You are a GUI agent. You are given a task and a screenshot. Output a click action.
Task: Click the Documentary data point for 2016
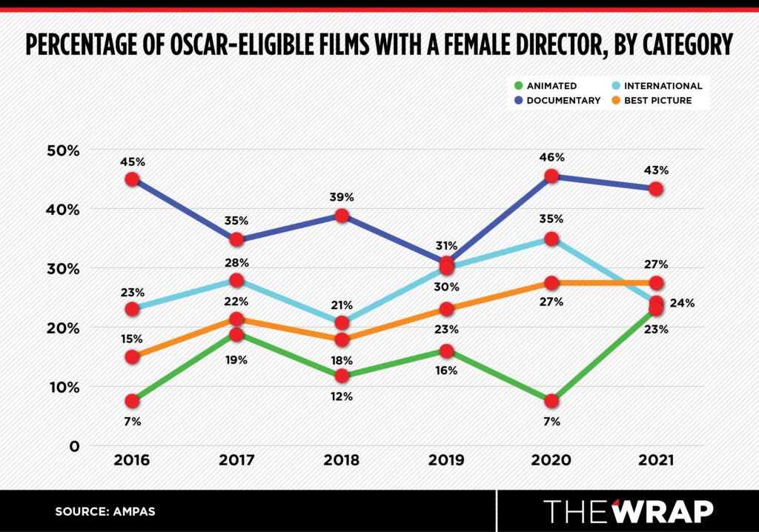(x=132, y=179)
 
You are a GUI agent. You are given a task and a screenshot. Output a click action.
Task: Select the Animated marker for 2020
(x=551, y=401)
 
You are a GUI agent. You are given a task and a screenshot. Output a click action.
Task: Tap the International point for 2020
(x=551, y=239)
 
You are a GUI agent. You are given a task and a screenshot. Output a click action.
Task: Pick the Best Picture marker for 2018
(x=342, y=339)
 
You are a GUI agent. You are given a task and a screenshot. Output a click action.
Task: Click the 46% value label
(x=551, y=157)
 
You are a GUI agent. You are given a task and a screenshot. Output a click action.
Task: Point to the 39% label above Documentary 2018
(x=342, y=197)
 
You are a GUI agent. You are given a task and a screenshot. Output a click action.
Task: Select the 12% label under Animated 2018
(x=342, y=396)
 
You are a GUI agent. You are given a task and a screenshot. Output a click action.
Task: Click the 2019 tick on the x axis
(x=446, y=460)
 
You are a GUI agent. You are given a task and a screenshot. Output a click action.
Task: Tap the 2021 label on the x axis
(x=656, y=460)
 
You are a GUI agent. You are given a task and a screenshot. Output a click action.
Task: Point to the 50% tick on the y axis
(x=63, y=150)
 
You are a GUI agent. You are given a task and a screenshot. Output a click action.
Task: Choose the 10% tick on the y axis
(x=63, y=387)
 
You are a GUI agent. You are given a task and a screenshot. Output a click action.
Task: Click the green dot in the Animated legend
(x=519, y=86)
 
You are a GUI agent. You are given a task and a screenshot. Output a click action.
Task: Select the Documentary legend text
(x=563, y=100)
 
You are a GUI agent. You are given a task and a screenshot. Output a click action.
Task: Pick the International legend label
(x=663, y=86)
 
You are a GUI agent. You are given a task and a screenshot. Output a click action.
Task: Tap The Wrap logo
(x=628, y=511)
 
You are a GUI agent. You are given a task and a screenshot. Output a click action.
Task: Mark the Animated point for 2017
(x=237, y=334)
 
